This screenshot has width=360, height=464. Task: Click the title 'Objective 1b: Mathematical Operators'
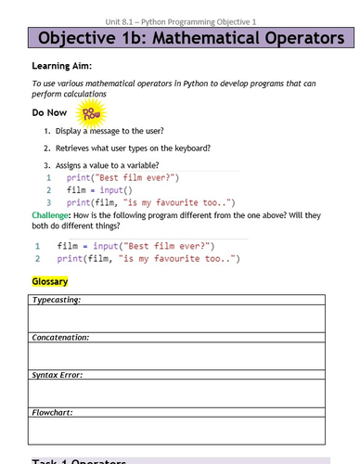point(179,40)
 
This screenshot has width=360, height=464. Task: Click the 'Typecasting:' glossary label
point(57,301)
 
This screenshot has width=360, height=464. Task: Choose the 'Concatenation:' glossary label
point(61,337)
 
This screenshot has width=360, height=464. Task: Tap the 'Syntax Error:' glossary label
point(58,374)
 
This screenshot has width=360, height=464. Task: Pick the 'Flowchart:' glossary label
point(53,411)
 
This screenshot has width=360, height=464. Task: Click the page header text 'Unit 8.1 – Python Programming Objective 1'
point(179,8)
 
